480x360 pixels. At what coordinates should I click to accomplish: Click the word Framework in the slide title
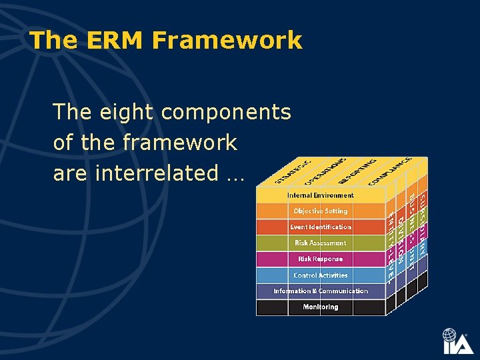click(227, 41)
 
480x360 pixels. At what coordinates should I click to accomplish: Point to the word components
click(226, 112)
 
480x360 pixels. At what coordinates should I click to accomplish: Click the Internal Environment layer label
click(320, 195)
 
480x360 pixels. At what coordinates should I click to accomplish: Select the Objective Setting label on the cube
click(320, 211)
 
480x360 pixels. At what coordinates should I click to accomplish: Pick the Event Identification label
click(320, 227)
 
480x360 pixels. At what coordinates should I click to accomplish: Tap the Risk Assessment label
click(320, 243)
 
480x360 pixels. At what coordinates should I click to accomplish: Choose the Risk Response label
click(320, 259)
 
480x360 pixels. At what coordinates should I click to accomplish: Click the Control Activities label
click(320, 275)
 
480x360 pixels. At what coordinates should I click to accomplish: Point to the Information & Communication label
click(320, 291)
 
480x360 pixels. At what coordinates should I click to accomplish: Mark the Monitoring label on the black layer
click(320, 307)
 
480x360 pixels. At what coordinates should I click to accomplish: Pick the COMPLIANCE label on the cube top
click(391, 170)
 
